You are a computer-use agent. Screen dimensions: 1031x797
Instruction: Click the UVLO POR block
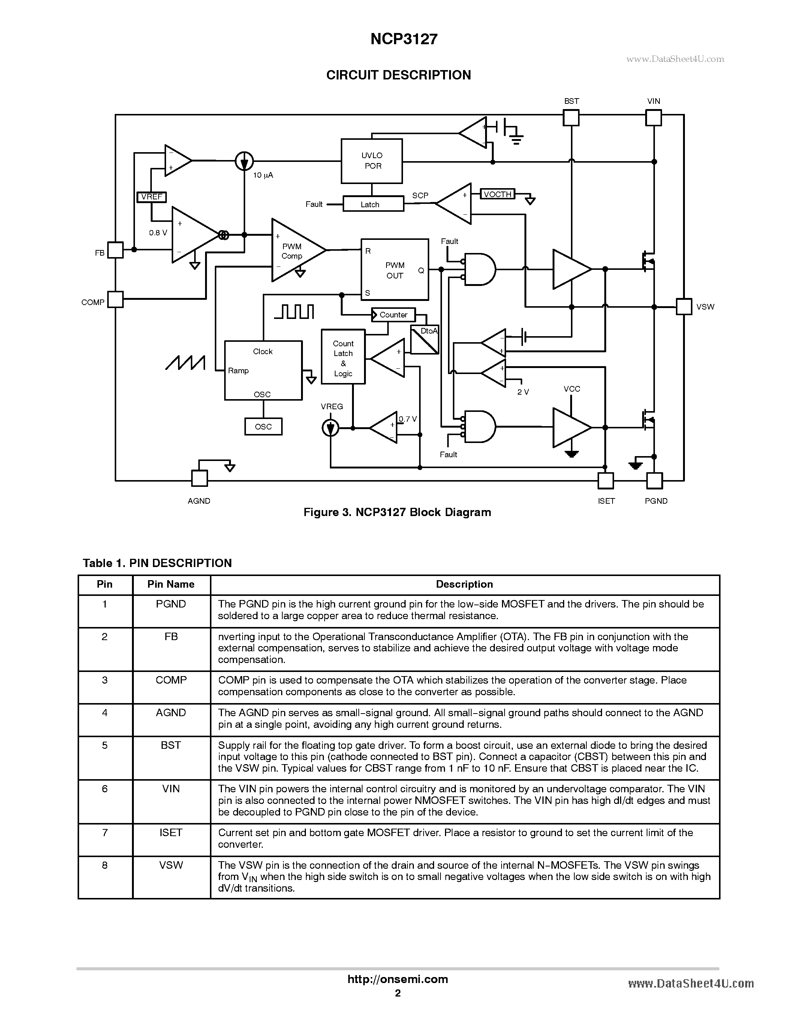point(372,161)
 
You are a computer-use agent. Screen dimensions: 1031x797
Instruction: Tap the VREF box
point(151,197)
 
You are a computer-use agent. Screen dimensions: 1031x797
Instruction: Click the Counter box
point(393,315)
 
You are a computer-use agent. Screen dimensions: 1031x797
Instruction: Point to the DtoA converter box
point(424,340)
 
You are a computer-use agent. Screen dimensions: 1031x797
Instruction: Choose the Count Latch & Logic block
point(343,357)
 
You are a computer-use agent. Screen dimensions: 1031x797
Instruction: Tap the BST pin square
point(571,118)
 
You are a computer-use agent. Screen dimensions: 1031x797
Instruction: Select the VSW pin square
point(684,306)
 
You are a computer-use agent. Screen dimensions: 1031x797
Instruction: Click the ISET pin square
point(606,480)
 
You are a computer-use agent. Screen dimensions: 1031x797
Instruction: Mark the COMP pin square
point(115,299)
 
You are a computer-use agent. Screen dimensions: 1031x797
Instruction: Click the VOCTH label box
point(497,194)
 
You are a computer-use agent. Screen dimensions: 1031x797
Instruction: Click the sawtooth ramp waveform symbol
point(185,362)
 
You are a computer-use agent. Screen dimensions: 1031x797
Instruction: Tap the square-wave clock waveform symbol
point(294,311)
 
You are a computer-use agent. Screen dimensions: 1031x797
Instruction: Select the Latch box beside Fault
point(373,204)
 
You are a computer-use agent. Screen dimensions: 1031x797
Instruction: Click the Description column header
point(464,584)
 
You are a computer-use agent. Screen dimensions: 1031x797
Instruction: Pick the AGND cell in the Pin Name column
point(171,713)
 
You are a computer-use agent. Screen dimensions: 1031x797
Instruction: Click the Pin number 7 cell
point(105,833)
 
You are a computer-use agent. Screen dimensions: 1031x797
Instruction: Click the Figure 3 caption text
point(397,512)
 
